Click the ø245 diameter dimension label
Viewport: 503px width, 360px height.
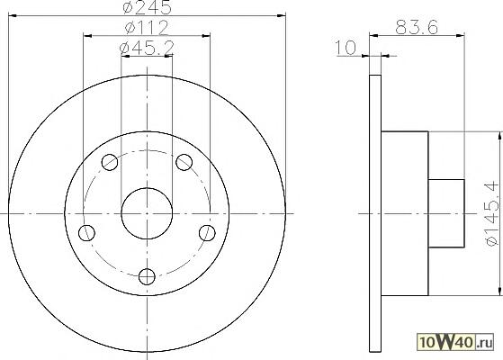point(147,7)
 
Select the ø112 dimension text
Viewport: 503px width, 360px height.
point(147,27)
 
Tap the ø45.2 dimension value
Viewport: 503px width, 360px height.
point(147,48)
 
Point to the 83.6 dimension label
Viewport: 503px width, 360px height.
point(417,27)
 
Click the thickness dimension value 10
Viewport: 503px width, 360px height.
point(346,48)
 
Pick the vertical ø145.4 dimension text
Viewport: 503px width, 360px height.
point(494,213)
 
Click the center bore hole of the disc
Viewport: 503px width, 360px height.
point(147,213)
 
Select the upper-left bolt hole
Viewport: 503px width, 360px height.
point(110,162)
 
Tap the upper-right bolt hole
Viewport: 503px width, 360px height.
point(184,162)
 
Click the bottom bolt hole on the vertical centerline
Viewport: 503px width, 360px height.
point(147,276)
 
